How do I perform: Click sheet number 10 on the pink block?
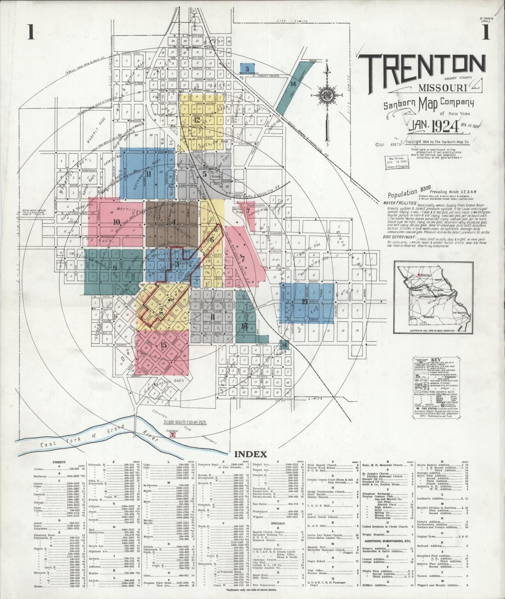(x=117, y=221)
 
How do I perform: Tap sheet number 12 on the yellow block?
(x=198, y=120)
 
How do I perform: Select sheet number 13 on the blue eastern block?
(x=305, y=302)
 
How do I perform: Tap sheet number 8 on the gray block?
(x=212, y=317)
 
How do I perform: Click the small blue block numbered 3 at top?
(x=247, y=69)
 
